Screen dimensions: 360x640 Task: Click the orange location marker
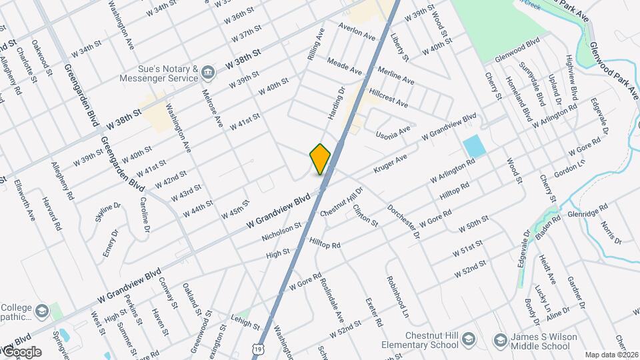coord(320,159)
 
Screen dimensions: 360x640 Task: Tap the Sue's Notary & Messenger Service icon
coord(208,73)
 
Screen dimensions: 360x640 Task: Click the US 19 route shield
coord(258,349)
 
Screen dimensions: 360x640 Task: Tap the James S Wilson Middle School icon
coord(501,341)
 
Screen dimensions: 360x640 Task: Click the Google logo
coord(21,352)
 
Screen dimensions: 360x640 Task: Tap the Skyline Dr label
coord(107,211)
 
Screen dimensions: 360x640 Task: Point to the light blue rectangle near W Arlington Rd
coord(473,146)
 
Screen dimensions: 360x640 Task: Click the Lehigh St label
coord(245,324)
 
